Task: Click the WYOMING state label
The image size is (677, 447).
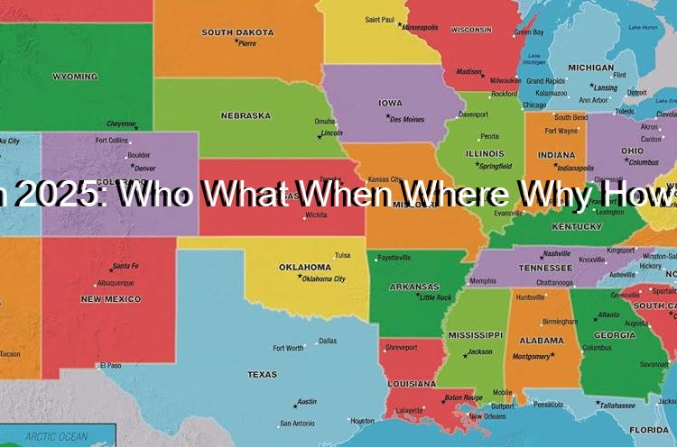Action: [x=75, y=77]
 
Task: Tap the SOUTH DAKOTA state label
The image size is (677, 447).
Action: [x=237, y=32]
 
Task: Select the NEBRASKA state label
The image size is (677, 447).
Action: [x=245, y=115]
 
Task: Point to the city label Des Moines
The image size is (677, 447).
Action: [x=407, y=119]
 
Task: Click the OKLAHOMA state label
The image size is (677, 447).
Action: [x=304, y=267]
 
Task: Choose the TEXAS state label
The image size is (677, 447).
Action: [x=262, y=374]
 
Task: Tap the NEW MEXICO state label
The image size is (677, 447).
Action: [x=110, y=298]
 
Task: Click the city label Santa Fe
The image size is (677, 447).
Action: [x=125, y=267]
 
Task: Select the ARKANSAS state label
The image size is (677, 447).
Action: [x=414, y=287]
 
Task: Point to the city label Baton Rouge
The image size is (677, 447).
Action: [x=462, y=397]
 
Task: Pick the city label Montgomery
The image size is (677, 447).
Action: [x=532, y=356]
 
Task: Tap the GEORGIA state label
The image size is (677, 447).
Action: [x=614, y=335]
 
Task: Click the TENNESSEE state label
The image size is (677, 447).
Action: [x=544, y=268]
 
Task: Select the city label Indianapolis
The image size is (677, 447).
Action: [x=575, y=168]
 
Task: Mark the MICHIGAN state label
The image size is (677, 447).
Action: [x=590, y=68]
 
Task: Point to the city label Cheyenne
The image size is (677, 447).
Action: [x=121, y=123]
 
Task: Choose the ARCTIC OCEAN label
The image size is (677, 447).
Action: [x=57, y=437]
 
